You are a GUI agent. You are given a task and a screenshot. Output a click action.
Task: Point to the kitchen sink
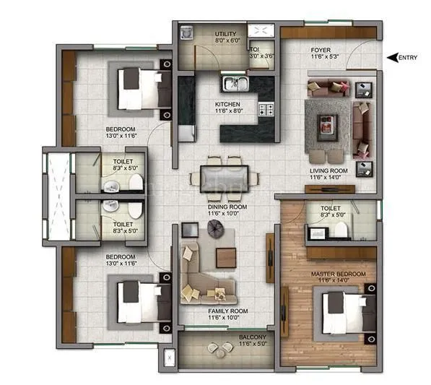(235, 85)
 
